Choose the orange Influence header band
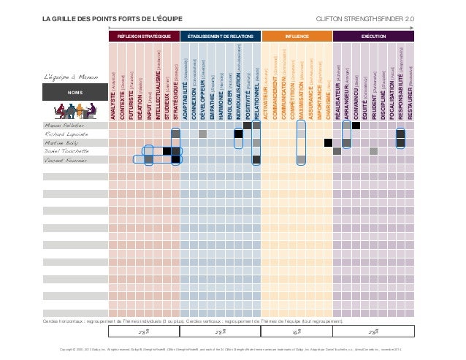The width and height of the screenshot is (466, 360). click(x=297, y=35)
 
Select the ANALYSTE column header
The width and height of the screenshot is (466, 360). click(x=112, y=102)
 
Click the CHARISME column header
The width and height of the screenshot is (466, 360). click(x=328, y=102)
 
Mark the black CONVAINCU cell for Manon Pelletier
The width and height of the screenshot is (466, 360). click(x=356, y=126)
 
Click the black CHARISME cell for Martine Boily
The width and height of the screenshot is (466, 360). click(x=329, y=142)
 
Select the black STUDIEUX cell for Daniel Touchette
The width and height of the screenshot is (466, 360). click(x=167, y=151)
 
